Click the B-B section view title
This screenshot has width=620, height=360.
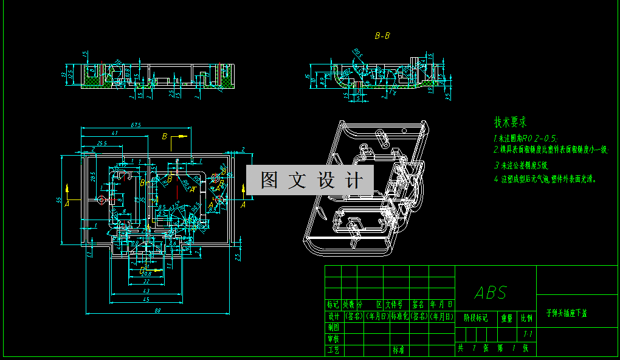point(382,36)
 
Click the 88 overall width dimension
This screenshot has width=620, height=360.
point(157,311)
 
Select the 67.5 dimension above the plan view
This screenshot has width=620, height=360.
point(136,125)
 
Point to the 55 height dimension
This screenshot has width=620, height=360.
point(59,199)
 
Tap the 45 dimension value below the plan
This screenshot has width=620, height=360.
point(146,299)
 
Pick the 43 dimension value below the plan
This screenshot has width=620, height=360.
point(146,291)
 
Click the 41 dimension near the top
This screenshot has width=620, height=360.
point(114,133)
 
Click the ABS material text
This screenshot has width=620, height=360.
point(491,293)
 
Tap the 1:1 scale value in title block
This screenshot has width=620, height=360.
point(528,334)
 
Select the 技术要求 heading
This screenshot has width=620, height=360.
point(510,122)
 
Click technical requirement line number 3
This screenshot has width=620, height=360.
point(522,165)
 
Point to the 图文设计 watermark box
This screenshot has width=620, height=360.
point(310,180)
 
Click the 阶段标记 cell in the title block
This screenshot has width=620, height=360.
point(475,317)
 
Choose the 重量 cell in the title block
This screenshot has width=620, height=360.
point(507,317)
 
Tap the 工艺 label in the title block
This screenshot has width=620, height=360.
point(333,350)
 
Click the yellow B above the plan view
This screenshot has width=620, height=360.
point(164,137)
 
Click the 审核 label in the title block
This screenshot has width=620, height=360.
point(333,339)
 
